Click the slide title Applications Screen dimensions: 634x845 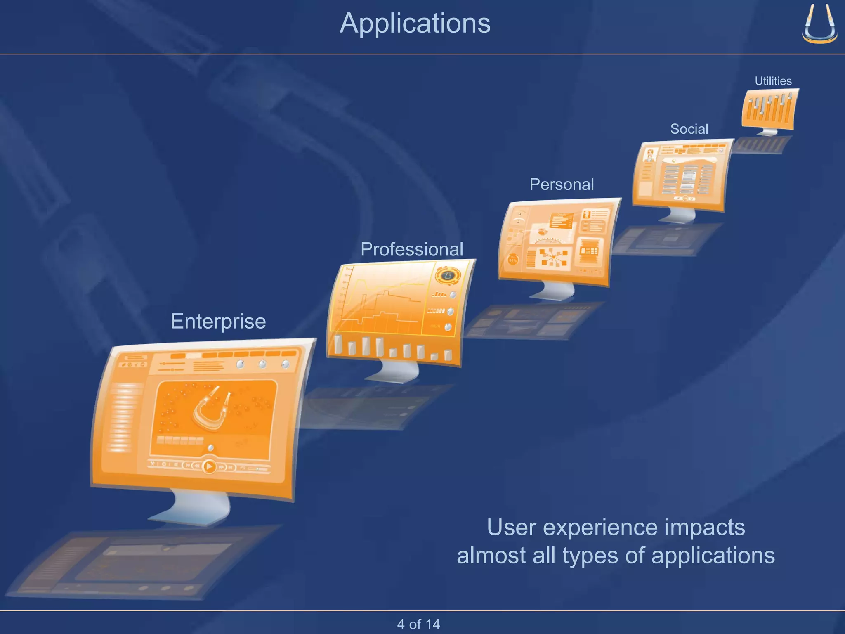click(x=415, y=24)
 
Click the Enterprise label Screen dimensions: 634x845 click(x=218, y=321)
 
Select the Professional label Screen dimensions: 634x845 click(x=412, y=249)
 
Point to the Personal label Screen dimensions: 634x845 click(x=562, y=184)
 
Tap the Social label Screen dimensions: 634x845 click(x=689, y=129)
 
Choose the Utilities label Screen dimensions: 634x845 click(x=773, y=81)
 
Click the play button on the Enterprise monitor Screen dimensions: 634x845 click(x=209, y=466)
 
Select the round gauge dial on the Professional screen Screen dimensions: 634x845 click(x=448, y=275)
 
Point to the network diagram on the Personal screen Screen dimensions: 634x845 click(x=553, y=258)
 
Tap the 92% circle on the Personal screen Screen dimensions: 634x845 click(x=513, y=260)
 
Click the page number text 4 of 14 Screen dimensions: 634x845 click(x=418, y=624)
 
